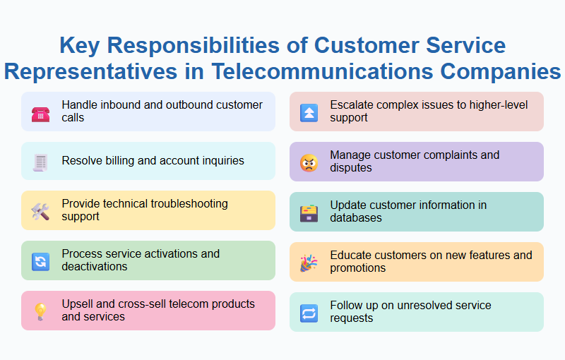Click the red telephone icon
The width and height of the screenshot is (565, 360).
click(x=40, y=112)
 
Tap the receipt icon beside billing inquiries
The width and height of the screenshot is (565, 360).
click(x=40, y=162)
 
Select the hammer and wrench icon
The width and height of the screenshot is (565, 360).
click(x=40, y=211)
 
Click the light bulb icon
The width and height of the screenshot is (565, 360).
click(x=40, y=311)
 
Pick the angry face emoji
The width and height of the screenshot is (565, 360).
click(x=309, y=163)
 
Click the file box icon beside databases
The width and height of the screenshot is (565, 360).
click(x=309, y=213)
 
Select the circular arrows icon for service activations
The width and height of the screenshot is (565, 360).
click(x=40, y=261)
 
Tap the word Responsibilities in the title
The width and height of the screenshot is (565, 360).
click(x=201, y=46)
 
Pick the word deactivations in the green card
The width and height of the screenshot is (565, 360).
click(x=95, y=267)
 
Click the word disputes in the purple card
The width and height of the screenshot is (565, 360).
click(x=350, y=168)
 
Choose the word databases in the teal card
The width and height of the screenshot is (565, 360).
click(x=356, y=218)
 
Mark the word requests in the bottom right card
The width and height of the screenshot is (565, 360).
click(x=352, y=318)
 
